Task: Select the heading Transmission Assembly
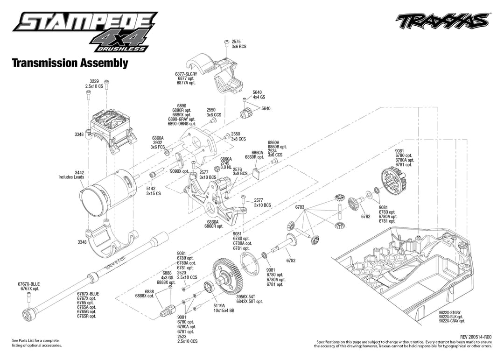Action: [x=70, y=63]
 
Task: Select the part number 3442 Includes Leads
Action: [x=71, y=175]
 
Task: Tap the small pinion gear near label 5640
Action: [x=245, y=114]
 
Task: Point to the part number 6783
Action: [x=300, y=207]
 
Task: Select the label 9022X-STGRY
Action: [x=450, y=313]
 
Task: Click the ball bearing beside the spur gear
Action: [x=210, y=287]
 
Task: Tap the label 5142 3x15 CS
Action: [x=154, y=191]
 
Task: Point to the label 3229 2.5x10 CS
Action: [x=94, y=84]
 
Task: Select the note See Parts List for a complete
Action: [x=35, y=340]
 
